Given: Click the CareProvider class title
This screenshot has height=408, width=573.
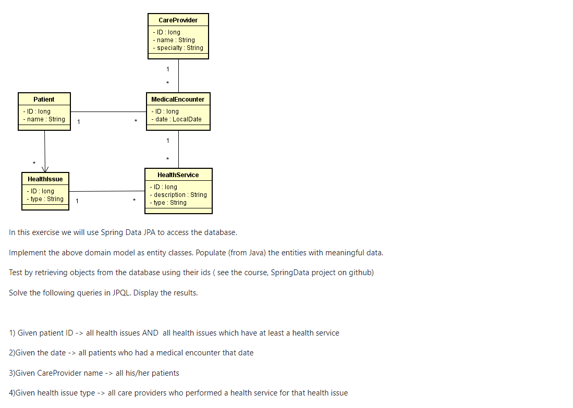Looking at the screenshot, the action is [178, 20].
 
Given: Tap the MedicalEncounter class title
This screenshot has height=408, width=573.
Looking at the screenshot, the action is [178, 99].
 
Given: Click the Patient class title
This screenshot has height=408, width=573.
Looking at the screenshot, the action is [44, 99].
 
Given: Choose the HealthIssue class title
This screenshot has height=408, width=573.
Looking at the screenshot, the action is [45, 179].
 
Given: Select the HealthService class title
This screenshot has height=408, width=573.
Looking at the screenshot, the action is [178, 175].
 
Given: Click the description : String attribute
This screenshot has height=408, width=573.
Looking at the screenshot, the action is [180, 195].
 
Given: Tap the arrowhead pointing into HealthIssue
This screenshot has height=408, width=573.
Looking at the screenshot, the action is [45, 169].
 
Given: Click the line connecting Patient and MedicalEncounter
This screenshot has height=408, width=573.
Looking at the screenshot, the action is [108, 112].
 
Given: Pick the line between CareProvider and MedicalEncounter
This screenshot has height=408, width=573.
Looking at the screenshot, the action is [178, 76].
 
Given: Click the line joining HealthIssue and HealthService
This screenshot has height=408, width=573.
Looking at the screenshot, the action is [106, 191].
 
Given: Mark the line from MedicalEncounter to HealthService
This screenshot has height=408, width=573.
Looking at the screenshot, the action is [178, 149].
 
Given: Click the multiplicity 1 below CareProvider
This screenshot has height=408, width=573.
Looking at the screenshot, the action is [168, 69].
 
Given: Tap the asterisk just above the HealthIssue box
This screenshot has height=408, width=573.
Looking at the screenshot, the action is [34, 163].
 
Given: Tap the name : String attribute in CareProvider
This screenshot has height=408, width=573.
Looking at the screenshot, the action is [176, 40].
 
